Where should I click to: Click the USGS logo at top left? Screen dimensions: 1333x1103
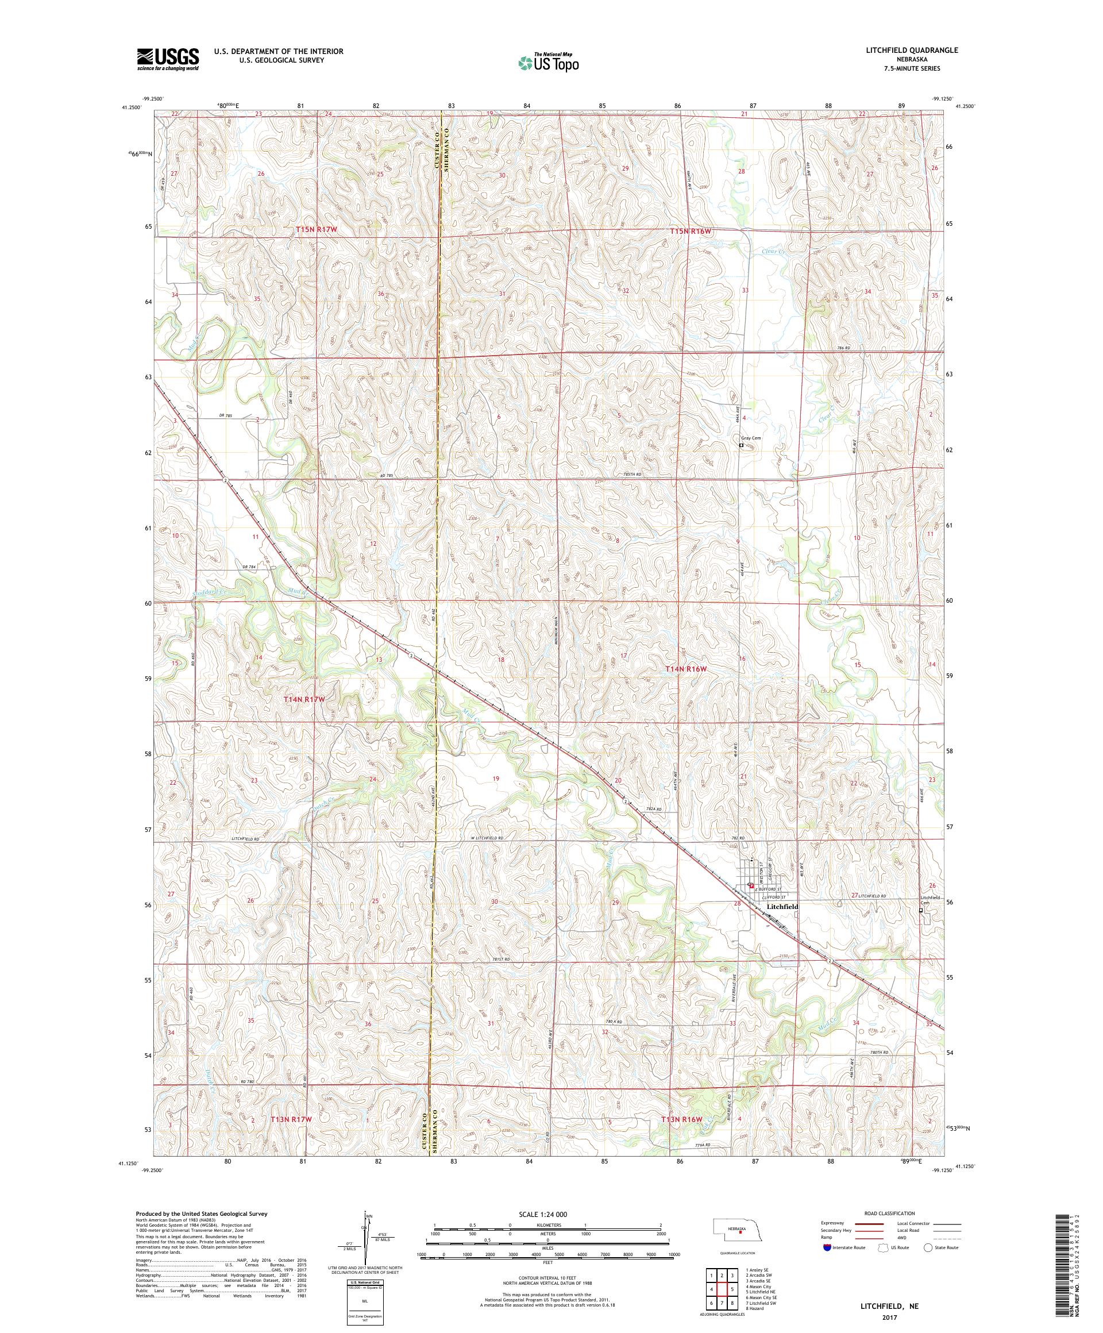168,59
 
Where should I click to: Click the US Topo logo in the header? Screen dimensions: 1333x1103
549,62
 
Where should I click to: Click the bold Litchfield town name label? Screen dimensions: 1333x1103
782,907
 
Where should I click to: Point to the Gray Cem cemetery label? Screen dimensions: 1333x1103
751,438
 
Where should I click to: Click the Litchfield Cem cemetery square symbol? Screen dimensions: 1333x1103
921,910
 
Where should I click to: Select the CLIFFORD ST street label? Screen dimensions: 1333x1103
776,897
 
